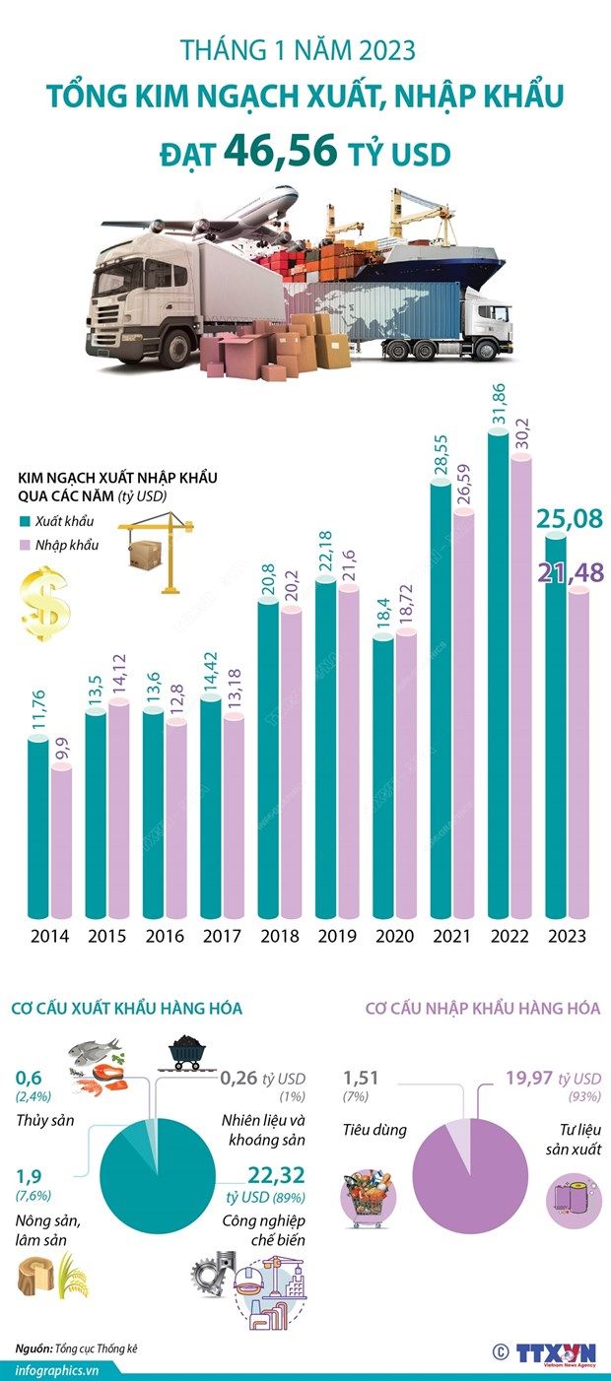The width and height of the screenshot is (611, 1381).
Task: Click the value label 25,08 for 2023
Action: pos(570,516)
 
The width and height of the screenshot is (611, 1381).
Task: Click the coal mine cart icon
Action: pos(187,1052)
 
